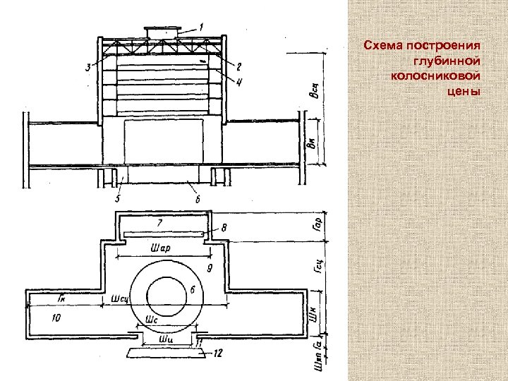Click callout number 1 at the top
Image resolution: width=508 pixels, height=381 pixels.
202,27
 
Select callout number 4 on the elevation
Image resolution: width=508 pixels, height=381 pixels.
240,82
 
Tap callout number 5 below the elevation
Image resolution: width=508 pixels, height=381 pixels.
118,200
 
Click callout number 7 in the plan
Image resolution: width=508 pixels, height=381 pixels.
159,223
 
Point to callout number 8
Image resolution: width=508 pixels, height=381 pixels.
224,227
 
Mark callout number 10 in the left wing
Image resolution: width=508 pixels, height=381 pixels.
56,319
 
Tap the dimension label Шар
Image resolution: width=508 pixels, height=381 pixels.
162,248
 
